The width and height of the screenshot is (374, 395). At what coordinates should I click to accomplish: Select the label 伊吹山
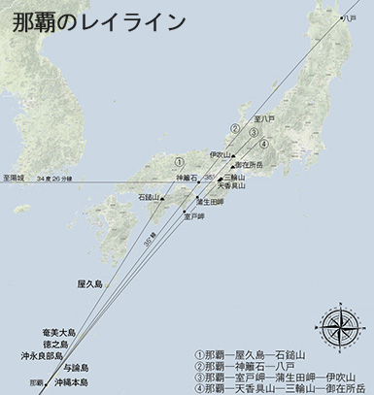pyautogui.click(x=222, y=154)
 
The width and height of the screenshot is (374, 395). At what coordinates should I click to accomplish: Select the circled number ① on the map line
pyautogui.click(x=178, y=160)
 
